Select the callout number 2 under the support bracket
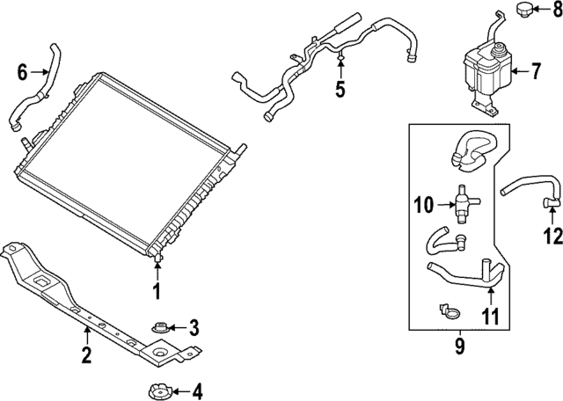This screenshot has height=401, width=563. (86, 356)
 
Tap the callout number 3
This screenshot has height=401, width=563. (194, 328)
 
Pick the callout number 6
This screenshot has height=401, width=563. (23, 72)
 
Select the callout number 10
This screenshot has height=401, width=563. (423, 207)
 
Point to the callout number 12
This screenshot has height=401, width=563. (552, 235)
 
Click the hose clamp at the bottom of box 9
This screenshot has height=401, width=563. (449, 310)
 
